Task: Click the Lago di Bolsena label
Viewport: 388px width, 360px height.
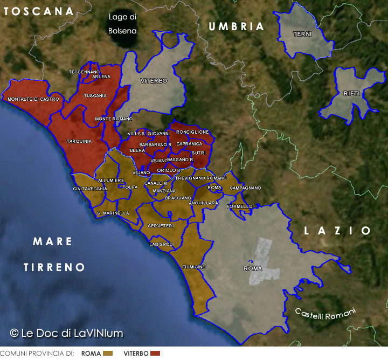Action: point(122,24)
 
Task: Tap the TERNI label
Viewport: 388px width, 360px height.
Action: point(302,34)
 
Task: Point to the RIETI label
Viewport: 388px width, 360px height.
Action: point(351,94)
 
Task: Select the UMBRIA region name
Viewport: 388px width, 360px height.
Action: point(237,26)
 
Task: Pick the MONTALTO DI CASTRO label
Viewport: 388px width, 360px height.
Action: point(31,100)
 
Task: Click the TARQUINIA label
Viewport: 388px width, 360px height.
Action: point(79,141)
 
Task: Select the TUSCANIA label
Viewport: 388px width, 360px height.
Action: point(95,95)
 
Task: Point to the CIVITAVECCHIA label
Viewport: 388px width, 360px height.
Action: point(90,189)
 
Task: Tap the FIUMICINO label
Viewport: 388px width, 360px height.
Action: point(194,267)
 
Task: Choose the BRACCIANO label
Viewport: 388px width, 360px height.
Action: point(178,198)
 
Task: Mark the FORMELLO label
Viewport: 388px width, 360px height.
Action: point(240,206)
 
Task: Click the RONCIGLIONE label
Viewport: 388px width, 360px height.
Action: point(192,132)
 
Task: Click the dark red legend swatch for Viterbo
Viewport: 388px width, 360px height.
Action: point(155,353)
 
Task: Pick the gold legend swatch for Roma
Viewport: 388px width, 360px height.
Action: point(108,353)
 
